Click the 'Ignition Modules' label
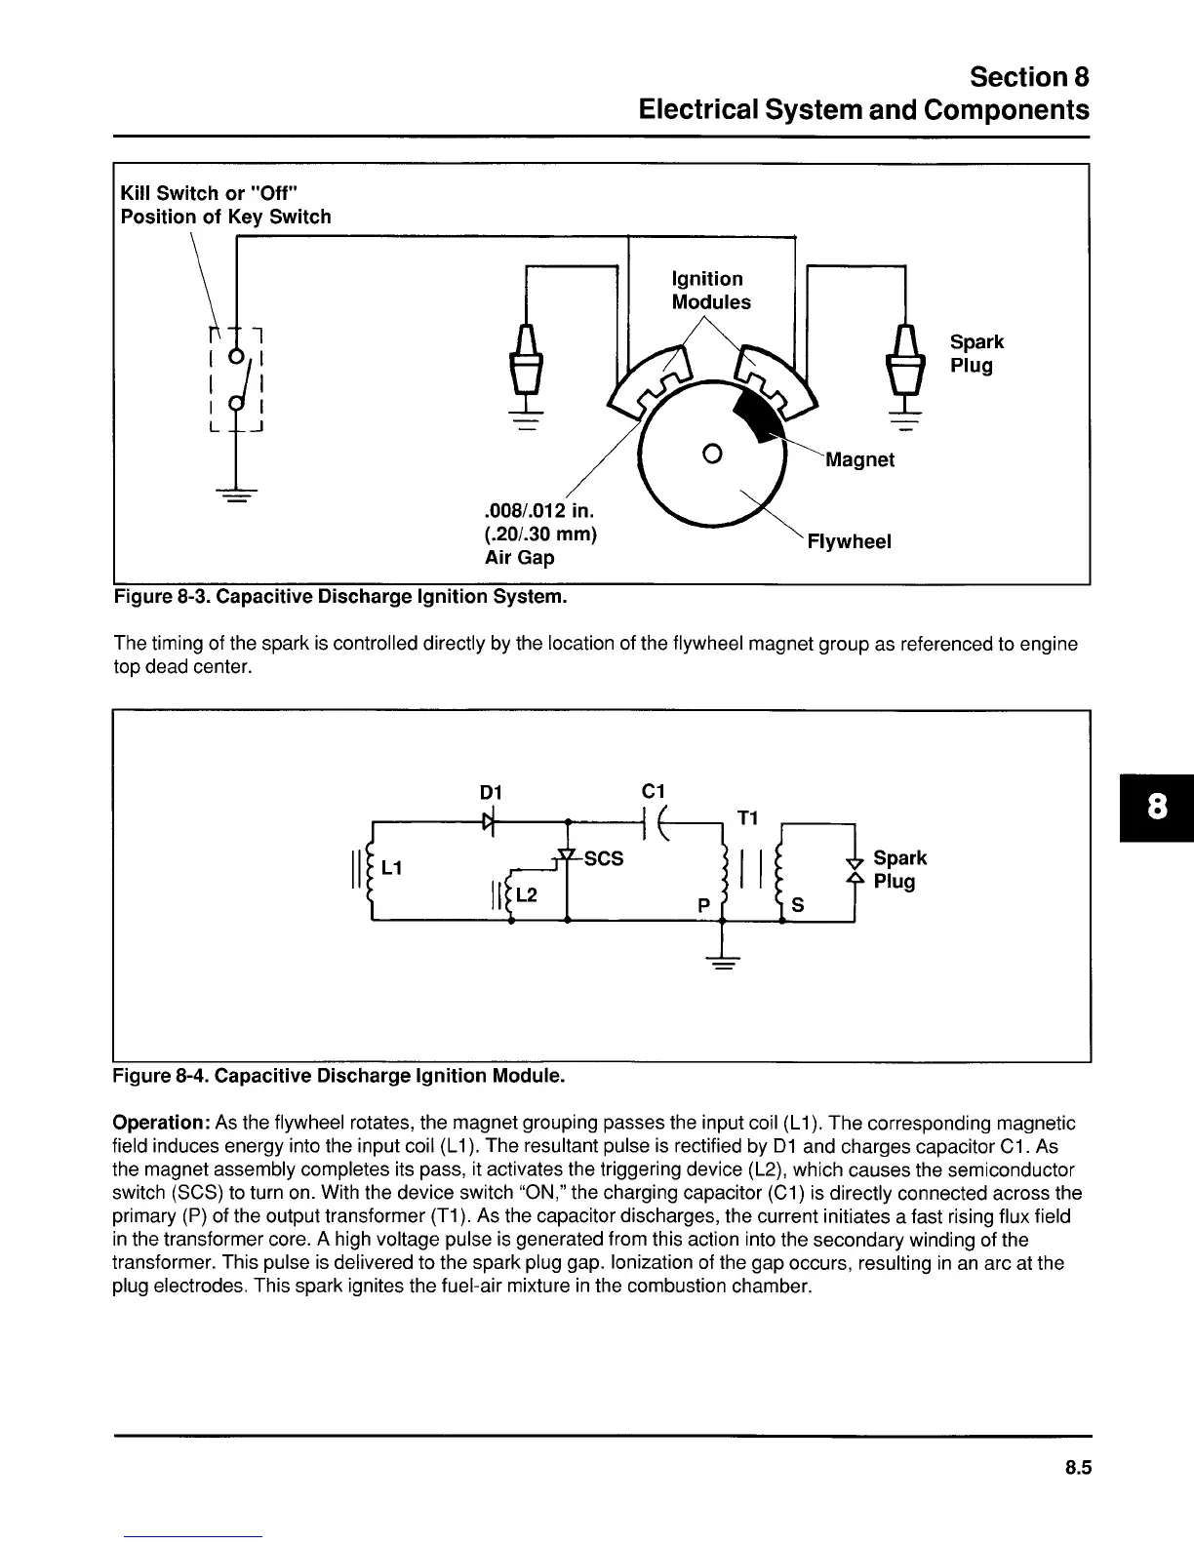point(710,291)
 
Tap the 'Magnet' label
point(859,459)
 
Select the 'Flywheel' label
point(849,541)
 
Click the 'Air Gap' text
point(519,558)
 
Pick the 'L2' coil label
point(526,894)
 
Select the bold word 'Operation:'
point(161,1123)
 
